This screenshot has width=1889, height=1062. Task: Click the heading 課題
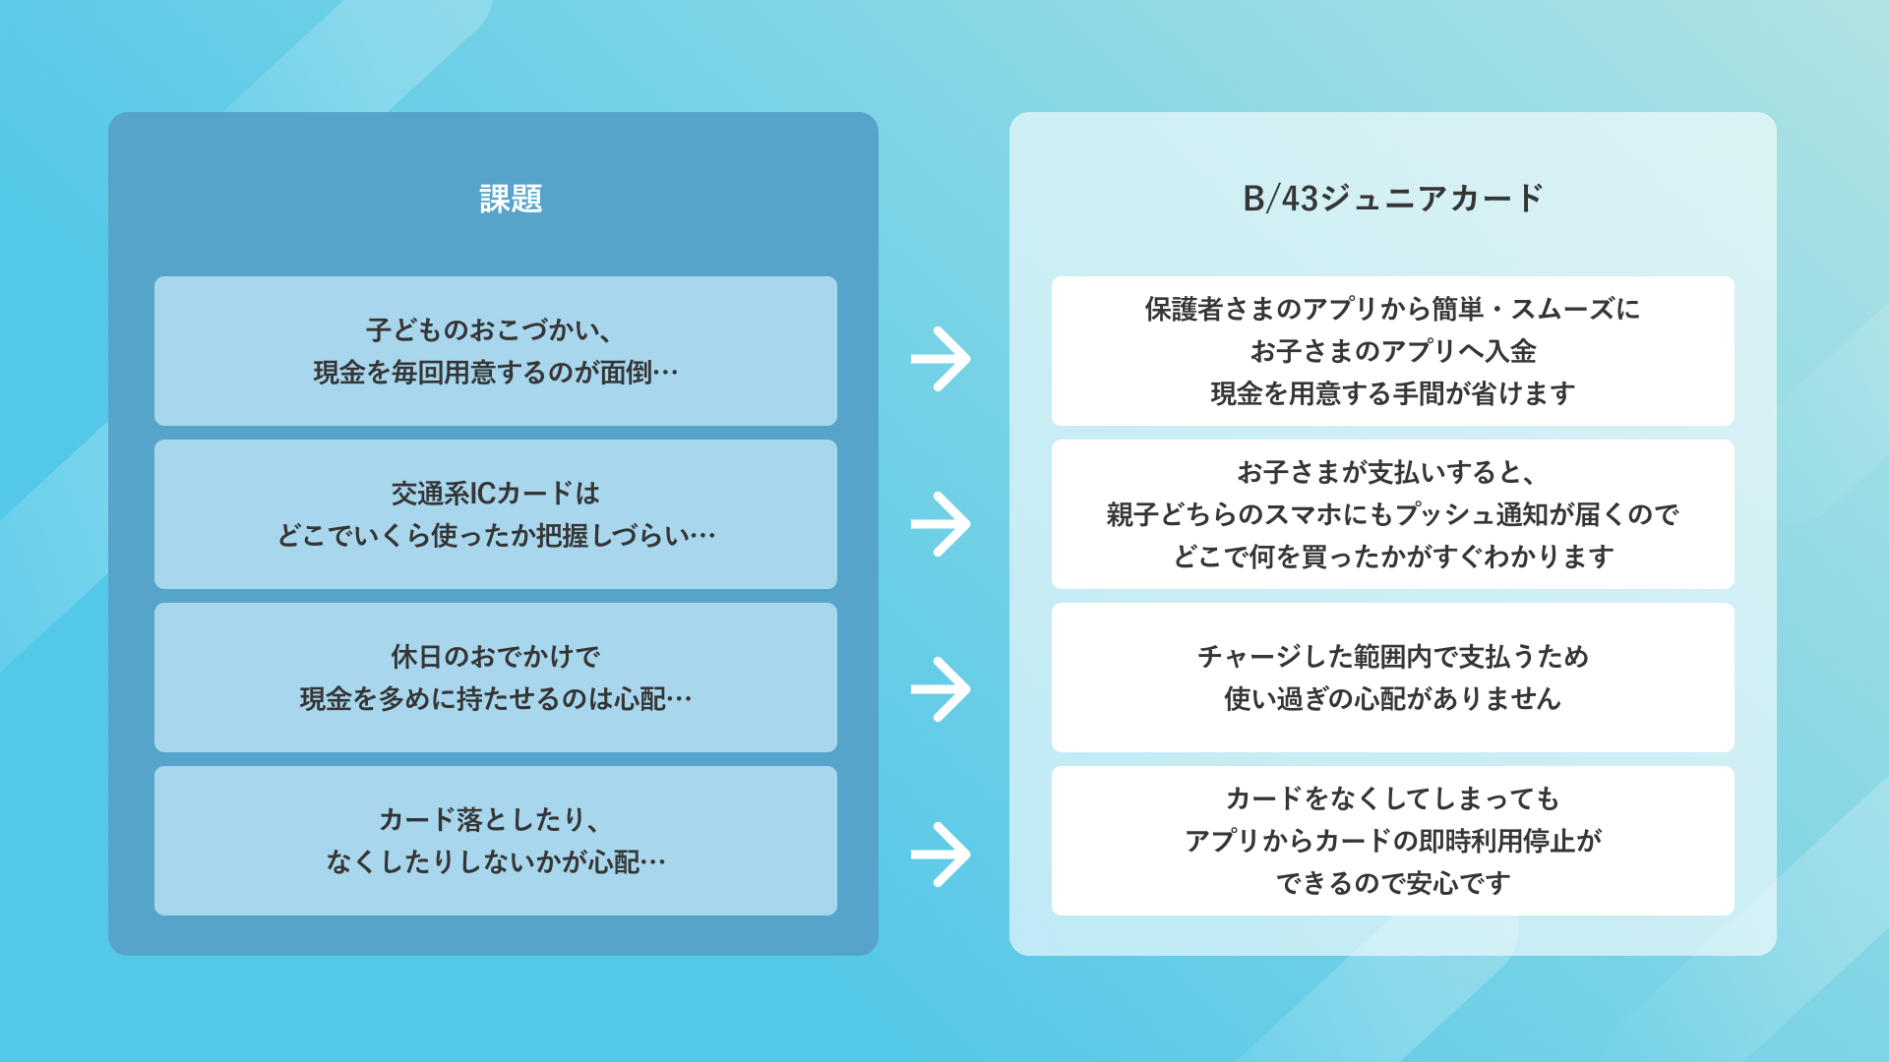pos(511,199)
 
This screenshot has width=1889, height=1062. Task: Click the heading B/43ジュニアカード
pos(1392,199)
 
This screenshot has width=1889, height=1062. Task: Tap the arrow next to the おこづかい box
pos(941,359)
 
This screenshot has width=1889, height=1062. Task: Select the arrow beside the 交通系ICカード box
pos(941,524)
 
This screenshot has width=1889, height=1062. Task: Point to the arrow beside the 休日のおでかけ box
pos(941,689)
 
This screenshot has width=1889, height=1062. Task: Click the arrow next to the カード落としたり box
pos(941,855)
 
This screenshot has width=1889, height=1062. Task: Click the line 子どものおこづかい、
pos(490,329)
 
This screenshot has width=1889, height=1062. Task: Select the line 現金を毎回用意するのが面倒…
pos(496,373)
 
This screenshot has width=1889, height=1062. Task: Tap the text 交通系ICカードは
pos(496,493)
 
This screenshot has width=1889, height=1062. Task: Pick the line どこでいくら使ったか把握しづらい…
pos(496,536)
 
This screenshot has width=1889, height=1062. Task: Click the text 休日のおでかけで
pos(496,656)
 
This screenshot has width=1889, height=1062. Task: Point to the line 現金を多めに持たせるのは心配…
pos(496,699)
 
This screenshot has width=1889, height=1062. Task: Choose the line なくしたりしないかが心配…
pos(496,862)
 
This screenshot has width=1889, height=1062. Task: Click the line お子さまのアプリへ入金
pos(1392,351)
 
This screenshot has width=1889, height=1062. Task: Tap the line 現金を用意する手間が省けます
pos(1392,393)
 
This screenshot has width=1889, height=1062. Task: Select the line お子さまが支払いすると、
pos(1387,472)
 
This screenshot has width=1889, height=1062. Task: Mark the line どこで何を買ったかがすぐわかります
pos(1392,557)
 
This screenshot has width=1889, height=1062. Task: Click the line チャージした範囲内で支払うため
pos(1392,656)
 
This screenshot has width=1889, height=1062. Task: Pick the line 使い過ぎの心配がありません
pos(1392,699)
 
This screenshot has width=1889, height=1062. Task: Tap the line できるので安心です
pos(1392,883)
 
